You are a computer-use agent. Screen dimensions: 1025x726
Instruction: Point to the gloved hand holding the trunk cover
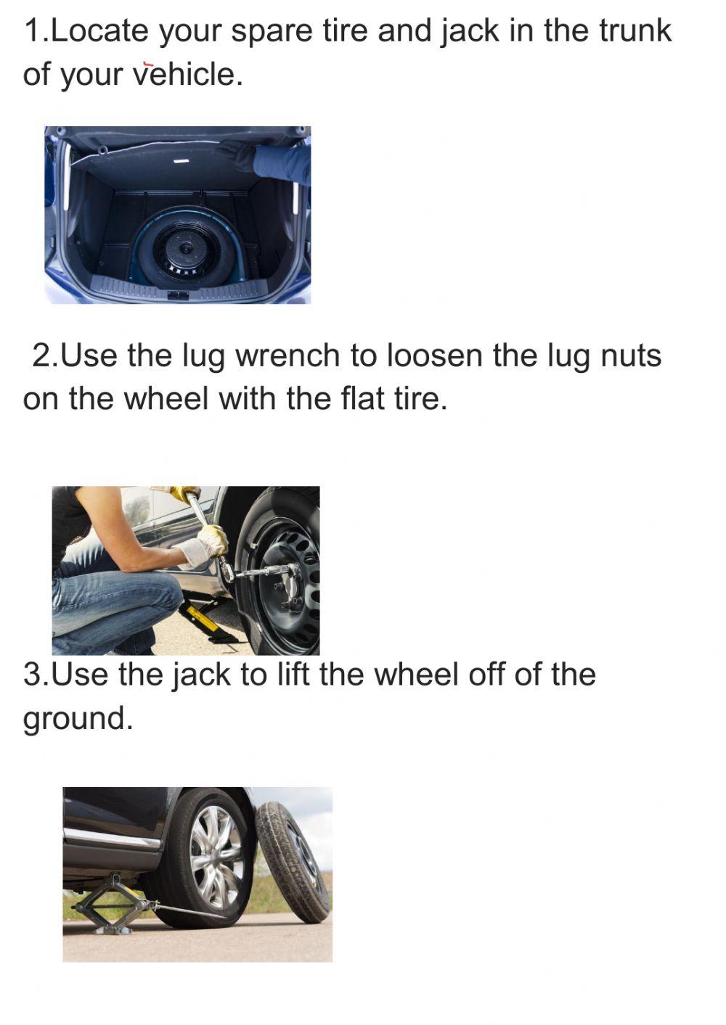(237, 155)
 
